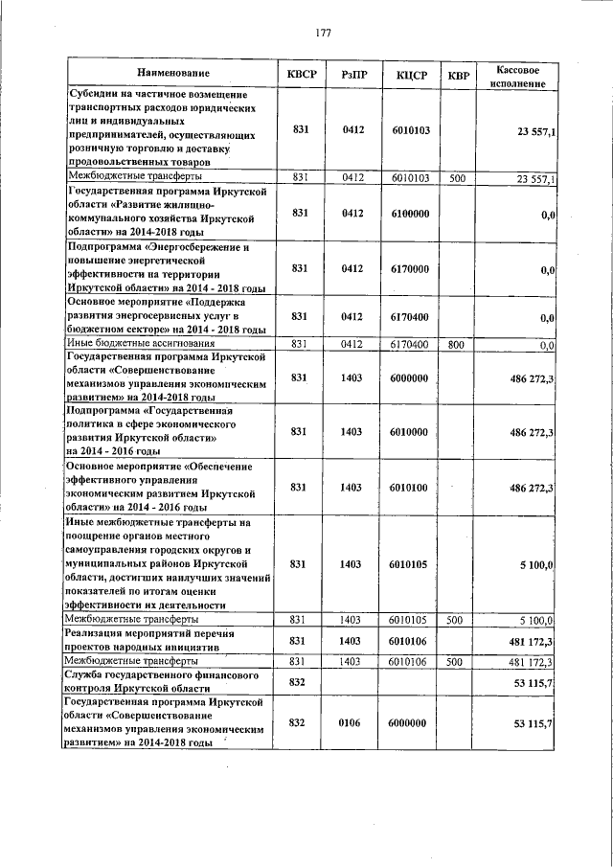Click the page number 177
click(x=324, y=33)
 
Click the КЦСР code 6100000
click(x=410, y=212)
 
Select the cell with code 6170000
click(x=410, y=269)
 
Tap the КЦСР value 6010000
click(x=410, y=432)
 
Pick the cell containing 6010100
click(x=410, y=487)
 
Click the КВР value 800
click(x=457, y=343)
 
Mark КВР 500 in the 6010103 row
click(x=457, y=178)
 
